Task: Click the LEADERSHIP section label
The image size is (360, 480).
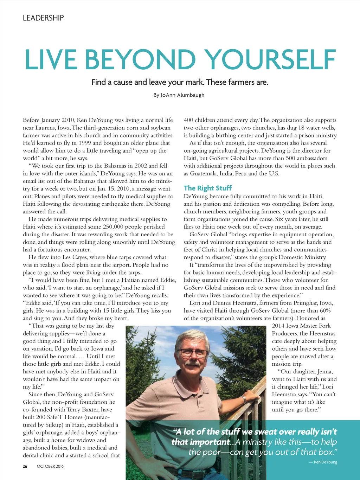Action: pyautogui.click(x=43, y=18)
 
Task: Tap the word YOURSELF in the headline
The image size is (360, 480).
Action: pyautogui.click(x=270, y=59)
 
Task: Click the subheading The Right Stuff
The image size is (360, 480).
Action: pyautogui.click(x=208, y=188)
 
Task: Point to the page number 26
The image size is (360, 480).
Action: pyautogui.click(x=25, y=466)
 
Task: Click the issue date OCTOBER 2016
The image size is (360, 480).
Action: pyautogui.click(x=50, y=466)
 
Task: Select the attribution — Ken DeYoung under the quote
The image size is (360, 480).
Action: pyautogui.click(x=323, y=462)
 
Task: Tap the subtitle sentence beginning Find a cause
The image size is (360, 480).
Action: pyautogui.click(x=180, y=82)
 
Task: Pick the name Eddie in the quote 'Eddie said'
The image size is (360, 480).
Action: pyautogui.click(x=34, y=303)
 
